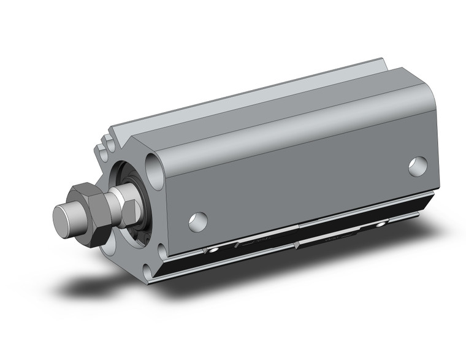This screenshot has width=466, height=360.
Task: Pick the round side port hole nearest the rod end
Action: coord(197,221)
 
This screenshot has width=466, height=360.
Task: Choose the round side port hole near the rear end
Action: coord(418,166)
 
